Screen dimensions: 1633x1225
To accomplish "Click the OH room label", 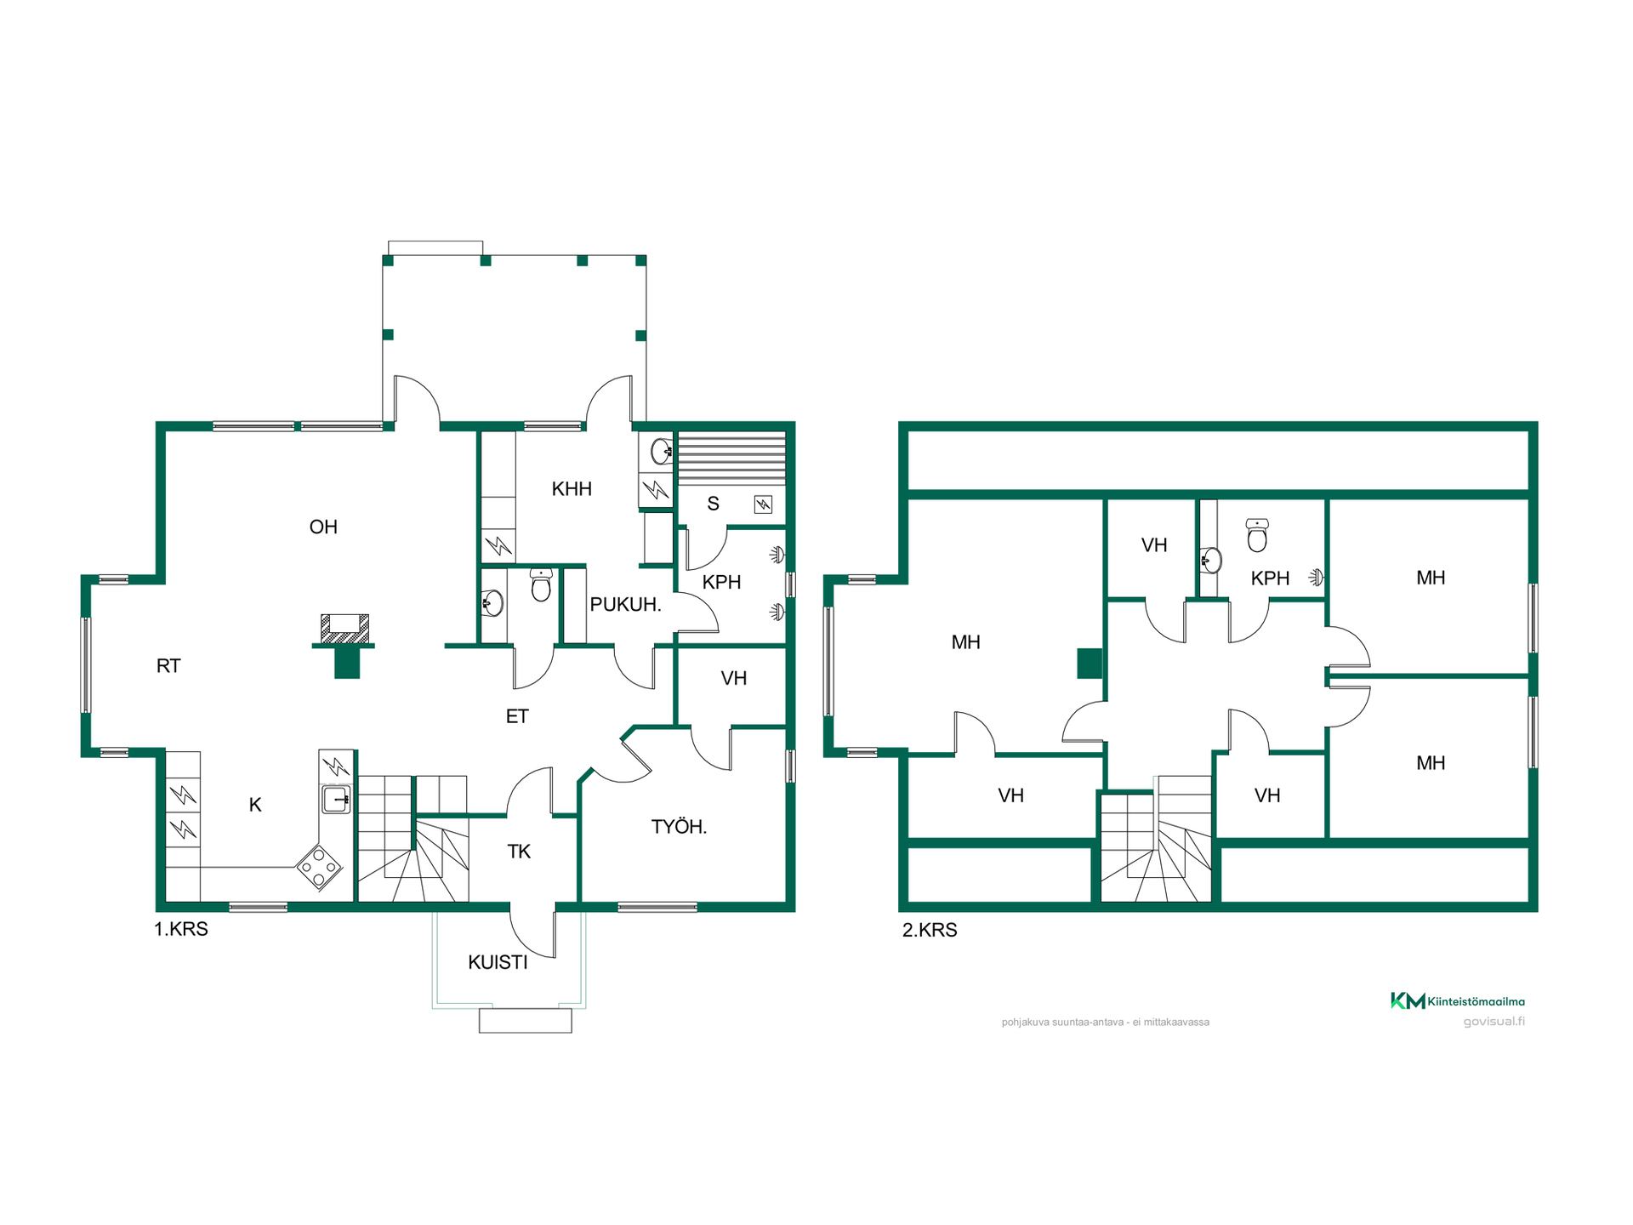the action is coord(323,527).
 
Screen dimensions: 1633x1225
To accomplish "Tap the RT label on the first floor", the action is coord(168,666).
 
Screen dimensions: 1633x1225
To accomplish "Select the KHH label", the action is coord(572,489).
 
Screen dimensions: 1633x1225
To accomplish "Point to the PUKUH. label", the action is coord(626,605).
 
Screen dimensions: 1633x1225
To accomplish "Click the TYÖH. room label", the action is coord(679,827).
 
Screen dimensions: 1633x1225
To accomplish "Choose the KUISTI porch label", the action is coord(498,963).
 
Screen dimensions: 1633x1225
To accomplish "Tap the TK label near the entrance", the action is coord(519,852).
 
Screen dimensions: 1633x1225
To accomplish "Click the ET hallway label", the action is coord(517,716).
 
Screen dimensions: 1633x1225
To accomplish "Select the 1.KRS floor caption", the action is coord(181,929).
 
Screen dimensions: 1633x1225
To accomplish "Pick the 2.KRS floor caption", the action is coord(930,930).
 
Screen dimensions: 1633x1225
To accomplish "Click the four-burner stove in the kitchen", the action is coord(319,868).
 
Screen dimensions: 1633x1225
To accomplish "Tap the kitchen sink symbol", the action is coord(336,800).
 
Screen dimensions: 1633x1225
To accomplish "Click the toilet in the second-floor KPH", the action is coord(1257,535).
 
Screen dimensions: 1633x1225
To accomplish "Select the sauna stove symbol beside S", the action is coord(763,505).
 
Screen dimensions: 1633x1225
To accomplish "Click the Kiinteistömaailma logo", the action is coord(1458,1001).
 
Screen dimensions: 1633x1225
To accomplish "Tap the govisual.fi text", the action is coord(1494,1022).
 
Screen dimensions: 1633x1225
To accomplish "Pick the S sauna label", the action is coord(713,504).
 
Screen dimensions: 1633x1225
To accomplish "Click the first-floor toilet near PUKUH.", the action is coord(541,585).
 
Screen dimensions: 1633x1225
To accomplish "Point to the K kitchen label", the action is coord(255,805).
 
